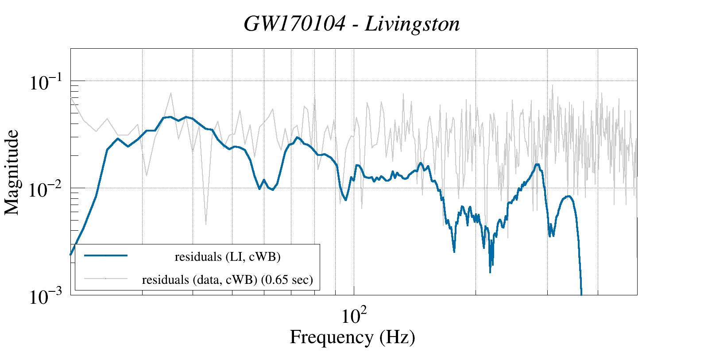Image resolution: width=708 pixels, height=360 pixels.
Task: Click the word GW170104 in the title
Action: (x=294, y=24)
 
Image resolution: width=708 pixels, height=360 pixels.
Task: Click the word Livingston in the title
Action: (x=412, y=24)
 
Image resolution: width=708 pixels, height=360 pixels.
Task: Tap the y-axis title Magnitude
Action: (x=12, y=172)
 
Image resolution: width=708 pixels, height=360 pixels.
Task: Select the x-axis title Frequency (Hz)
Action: (x=352, y=337)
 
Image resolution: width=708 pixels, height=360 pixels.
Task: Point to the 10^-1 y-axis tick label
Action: (x=46, y=83)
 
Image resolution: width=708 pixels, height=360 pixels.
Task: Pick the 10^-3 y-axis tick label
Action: (x=46, y=297)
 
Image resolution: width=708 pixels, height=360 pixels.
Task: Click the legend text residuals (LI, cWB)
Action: (x=228, y=257)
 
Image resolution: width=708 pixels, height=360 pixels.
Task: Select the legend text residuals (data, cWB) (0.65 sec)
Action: (x=228, y=280)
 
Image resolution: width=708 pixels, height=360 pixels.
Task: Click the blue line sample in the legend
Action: (x=106, y=255)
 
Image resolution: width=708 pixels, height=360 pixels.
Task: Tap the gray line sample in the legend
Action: (x=106, y=279)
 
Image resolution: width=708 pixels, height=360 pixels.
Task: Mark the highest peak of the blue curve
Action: (x=170, y=117)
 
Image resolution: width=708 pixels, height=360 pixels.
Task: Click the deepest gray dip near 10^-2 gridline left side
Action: (x=206, y=224)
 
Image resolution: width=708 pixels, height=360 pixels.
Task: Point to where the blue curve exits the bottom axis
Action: (x=581, y=294)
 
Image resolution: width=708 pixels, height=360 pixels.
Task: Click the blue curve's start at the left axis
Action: (x=71, y=255)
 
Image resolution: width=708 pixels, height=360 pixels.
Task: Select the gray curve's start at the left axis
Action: (x=71, y=97)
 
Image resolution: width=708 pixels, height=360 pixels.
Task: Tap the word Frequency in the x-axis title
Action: (x=331, y=337)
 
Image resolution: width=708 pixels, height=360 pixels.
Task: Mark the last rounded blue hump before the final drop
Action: (x=568, y=196)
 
